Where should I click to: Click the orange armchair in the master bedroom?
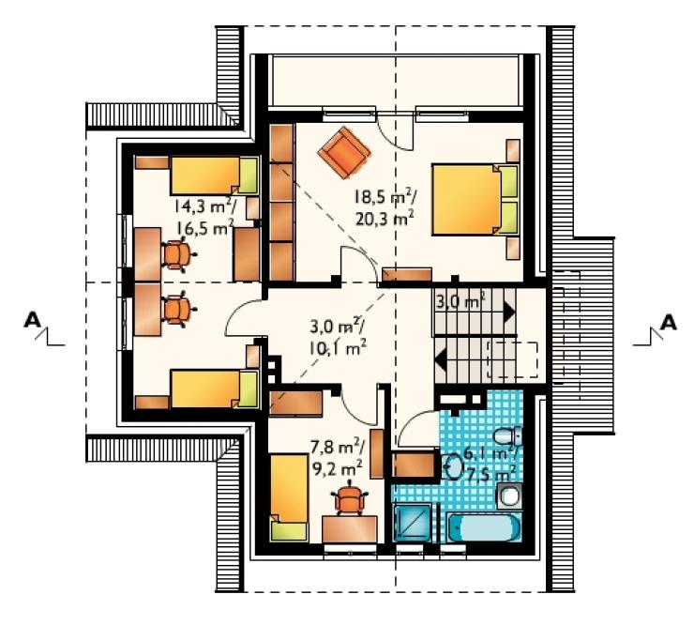(344, 152)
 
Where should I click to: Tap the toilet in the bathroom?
(507, 435)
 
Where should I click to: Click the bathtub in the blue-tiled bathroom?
(484, 527)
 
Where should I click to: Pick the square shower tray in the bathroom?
(413, 523)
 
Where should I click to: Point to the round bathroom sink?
(452, 467)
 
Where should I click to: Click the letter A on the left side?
(32, 320)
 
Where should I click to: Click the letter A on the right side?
(669, 323)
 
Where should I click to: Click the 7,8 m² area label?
(338, 449)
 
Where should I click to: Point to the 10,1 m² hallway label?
(338, 348)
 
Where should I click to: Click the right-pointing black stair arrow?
(509, 312)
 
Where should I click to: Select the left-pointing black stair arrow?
(441, 359)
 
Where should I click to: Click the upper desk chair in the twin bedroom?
(178, 254)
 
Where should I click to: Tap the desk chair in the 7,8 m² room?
(350, 497)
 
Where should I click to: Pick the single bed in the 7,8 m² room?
(290, 497)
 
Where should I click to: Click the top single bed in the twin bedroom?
(214, 175)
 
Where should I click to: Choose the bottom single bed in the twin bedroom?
(214, 389)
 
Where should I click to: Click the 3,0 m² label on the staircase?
(460, 302)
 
